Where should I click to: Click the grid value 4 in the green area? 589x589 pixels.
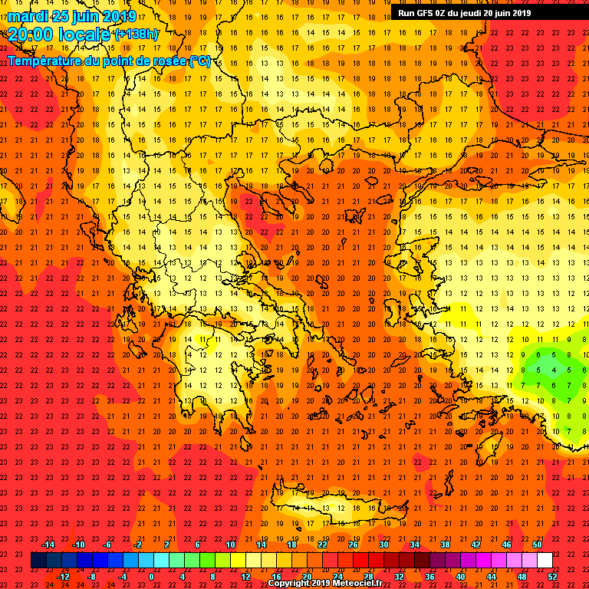pyautogui.click(x=554, y=370)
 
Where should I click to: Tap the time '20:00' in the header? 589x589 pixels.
pyautogui.click(x=31, y=35)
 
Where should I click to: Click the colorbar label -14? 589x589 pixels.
pyautogui.click(x=48, y=545)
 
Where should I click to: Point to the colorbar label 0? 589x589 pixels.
pyautogui.click(x=151, y=576)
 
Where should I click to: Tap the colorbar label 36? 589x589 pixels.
pyautogui.click(x=429, y=576)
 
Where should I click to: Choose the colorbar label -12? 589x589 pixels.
pyautogui.click(x=63, y=576)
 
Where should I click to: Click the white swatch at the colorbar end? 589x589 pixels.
pyautogui.click(x=545, y=561)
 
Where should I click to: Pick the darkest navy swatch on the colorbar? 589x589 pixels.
pyautogui.click(x=38, y=561)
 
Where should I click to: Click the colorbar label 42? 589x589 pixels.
pyautogui.click(x=475, y=545)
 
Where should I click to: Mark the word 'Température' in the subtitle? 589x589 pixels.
pyautogui.click(x=46, y=61)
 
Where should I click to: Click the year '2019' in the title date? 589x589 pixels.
pyautogui.click(x=119, y=16)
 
